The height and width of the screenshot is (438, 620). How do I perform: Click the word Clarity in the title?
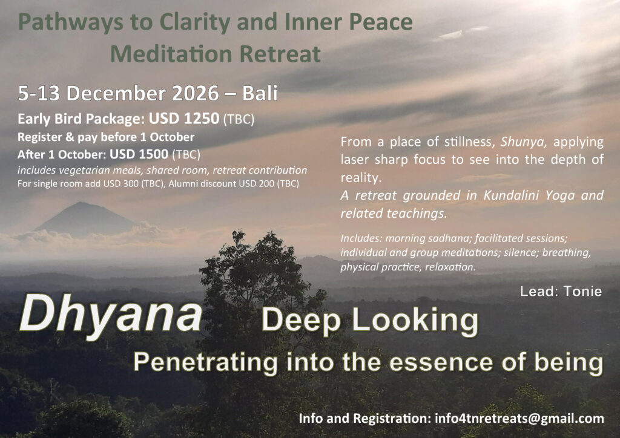pos(194,23)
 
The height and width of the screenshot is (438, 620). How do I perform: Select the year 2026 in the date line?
pos(196,93)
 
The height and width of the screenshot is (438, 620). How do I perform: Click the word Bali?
pos(260,93)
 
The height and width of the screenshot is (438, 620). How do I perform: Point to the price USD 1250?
pos(184,119)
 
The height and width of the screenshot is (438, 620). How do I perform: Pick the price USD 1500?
pos(139,154)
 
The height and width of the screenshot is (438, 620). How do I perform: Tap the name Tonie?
pos(582,292)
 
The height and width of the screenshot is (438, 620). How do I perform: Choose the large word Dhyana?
pos(111,315)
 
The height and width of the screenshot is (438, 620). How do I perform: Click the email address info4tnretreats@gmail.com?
pos(519,419)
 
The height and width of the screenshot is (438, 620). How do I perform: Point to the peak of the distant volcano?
pos(82,203)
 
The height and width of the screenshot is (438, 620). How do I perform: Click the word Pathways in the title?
pos(71,23)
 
